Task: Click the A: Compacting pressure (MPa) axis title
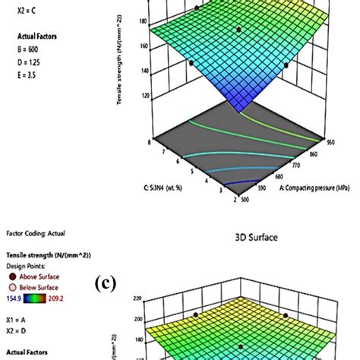(308, 190)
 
